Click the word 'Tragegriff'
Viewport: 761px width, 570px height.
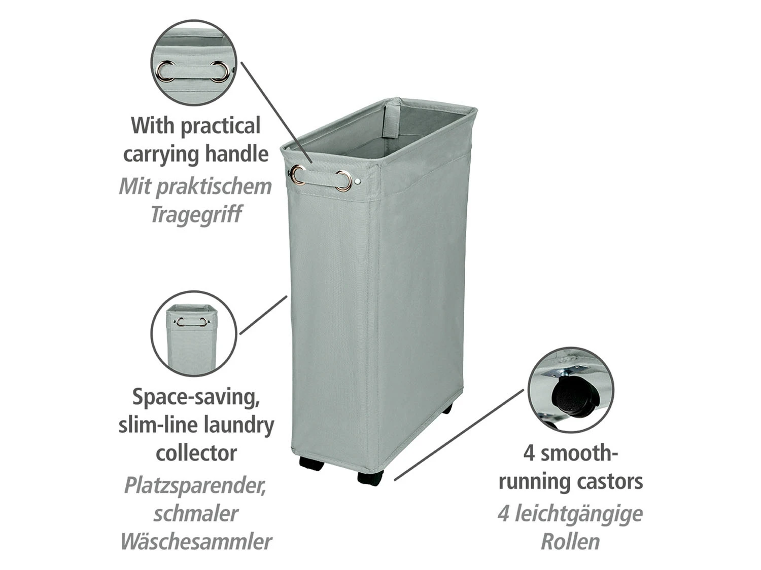[x=196, y=214]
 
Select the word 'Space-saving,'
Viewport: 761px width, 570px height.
[x=196, y=398]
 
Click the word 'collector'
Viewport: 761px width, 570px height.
[x=196, y=453]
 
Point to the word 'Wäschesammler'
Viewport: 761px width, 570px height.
[x=196, y=542]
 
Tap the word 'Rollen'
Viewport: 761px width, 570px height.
[x=570, y=542]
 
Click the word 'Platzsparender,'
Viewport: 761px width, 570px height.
[x=195, y=486]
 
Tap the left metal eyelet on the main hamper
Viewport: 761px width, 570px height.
[x=298, y=175]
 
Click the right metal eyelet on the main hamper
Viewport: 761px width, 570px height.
[x=344, y=181]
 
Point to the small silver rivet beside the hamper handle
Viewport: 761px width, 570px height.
[x=358, y=181]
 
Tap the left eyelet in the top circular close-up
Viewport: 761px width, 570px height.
[x=167, y=71]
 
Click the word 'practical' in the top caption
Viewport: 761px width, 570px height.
[x=220, y=126]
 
